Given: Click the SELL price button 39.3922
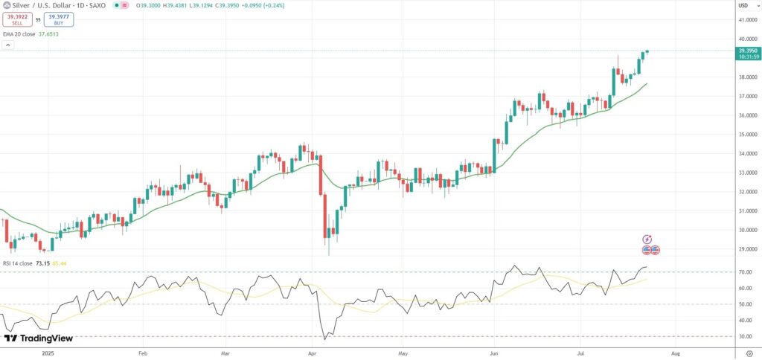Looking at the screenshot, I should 16,19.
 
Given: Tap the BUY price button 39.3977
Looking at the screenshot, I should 59,19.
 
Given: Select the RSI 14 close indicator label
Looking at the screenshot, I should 17,263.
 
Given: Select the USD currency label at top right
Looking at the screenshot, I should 742,6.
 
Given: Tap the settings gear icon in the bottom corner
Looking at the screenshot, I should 749,354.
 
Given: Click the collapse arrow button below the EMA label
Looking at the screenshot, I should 7,45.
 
